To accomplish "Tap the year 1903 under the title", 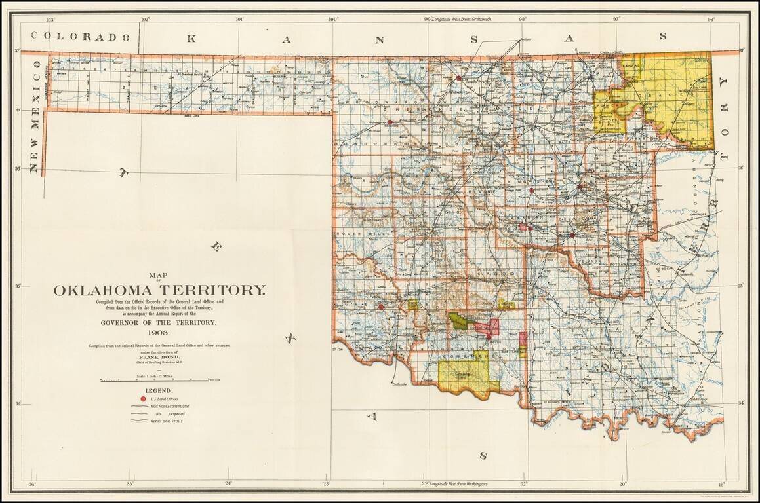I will tap(159, 333).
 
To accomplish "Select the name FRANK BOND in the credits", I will tap(159, 358).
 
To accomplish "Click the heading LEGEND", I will tap(159, 390).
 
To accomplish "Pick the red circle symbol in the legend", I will tap(143, 398).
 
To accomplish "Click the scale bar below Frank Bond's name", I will tap(159, 380).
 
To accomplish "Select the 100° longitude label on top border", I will tap(333, 19).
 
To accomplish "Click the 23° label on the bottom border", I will tap(327, 484).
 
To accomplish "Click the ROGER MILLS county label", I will tap(354, 234).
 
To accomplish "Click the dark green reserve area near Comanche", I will tap(461, 321).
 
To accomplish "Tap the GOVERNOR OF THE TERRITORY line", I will tap(159, 323).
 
